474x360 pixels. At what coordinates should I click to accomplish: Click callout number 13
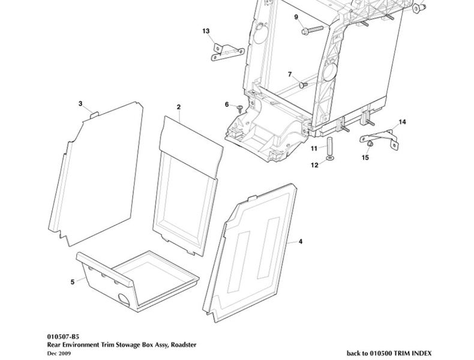(x=206, y=31)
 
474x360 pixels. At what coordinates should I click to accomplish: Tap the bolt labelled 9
(x=312, y=29)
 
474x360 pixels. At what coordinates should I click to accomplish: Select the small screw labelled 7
(x=303, y=85)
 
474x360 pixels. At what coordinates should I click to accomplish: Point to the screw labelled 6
(x=240, y=108)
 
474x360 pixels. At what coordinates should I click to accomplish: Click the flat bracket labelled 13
(x=227, y=53)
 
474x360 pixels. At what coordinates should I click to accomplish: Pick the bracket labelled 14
(x=379, y=139)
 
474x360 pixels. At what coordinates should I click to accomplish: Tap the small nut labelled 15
(x=370, y=144)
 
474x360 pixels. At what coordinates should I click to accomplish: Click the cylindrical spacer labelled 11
(x=329, y=146)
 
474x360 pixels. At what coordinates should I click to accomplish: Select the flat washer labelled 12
(x=329, y=158)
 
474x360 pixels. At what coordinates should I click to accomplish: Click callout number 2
(x=179, y=107)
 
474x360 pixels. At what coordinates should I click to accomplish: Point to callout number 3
(x=80, y=104)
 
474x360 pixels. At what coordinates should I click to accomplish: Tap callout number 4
(x=300, y=242)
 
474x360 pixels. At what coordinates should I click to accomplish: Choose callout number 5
(x=72, y=282)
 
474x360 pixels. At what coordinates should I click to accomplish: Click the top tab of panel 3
(x=95, y=115)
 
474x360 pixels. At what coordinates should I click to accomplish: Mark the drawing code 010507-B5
(x=63, y=337)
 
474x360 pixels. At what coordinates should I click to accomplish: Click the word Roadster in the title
(x=184, y=344)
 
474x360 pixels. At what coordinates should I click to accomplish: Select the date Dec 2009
(x=59, y=353)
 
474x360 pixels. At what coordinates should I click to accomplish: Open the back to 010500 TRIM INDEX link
(x=389, y=353)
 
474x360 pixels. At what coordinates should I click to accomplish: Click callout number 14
(x=402, y=122)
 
